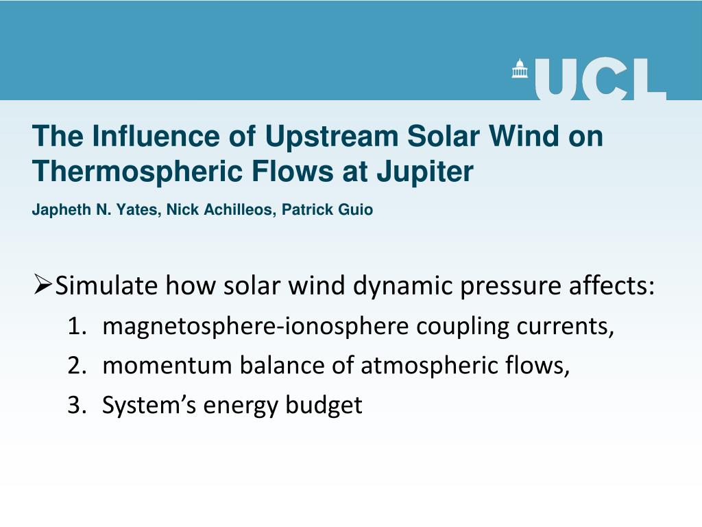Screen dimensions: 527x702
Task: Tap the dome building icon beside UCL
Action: [x=520, y=69]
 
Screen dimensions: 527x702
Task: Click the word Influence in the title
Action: [x=145, y=136]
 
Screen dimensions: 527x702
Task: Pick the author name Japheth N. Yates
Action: [x=95, y=210]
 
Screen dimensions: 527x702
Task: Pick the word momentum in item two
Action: [x=167, y=366]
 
